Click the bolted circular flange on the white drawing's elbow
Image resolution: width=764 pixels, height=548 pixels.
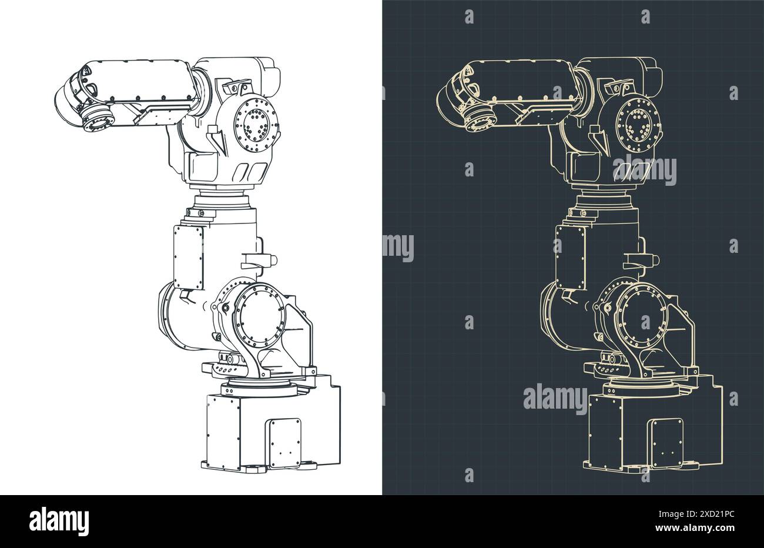(x=256, y=123)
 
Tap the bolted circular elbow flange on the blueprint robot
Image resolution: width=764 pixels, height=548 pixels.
(x=637, y=123)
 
